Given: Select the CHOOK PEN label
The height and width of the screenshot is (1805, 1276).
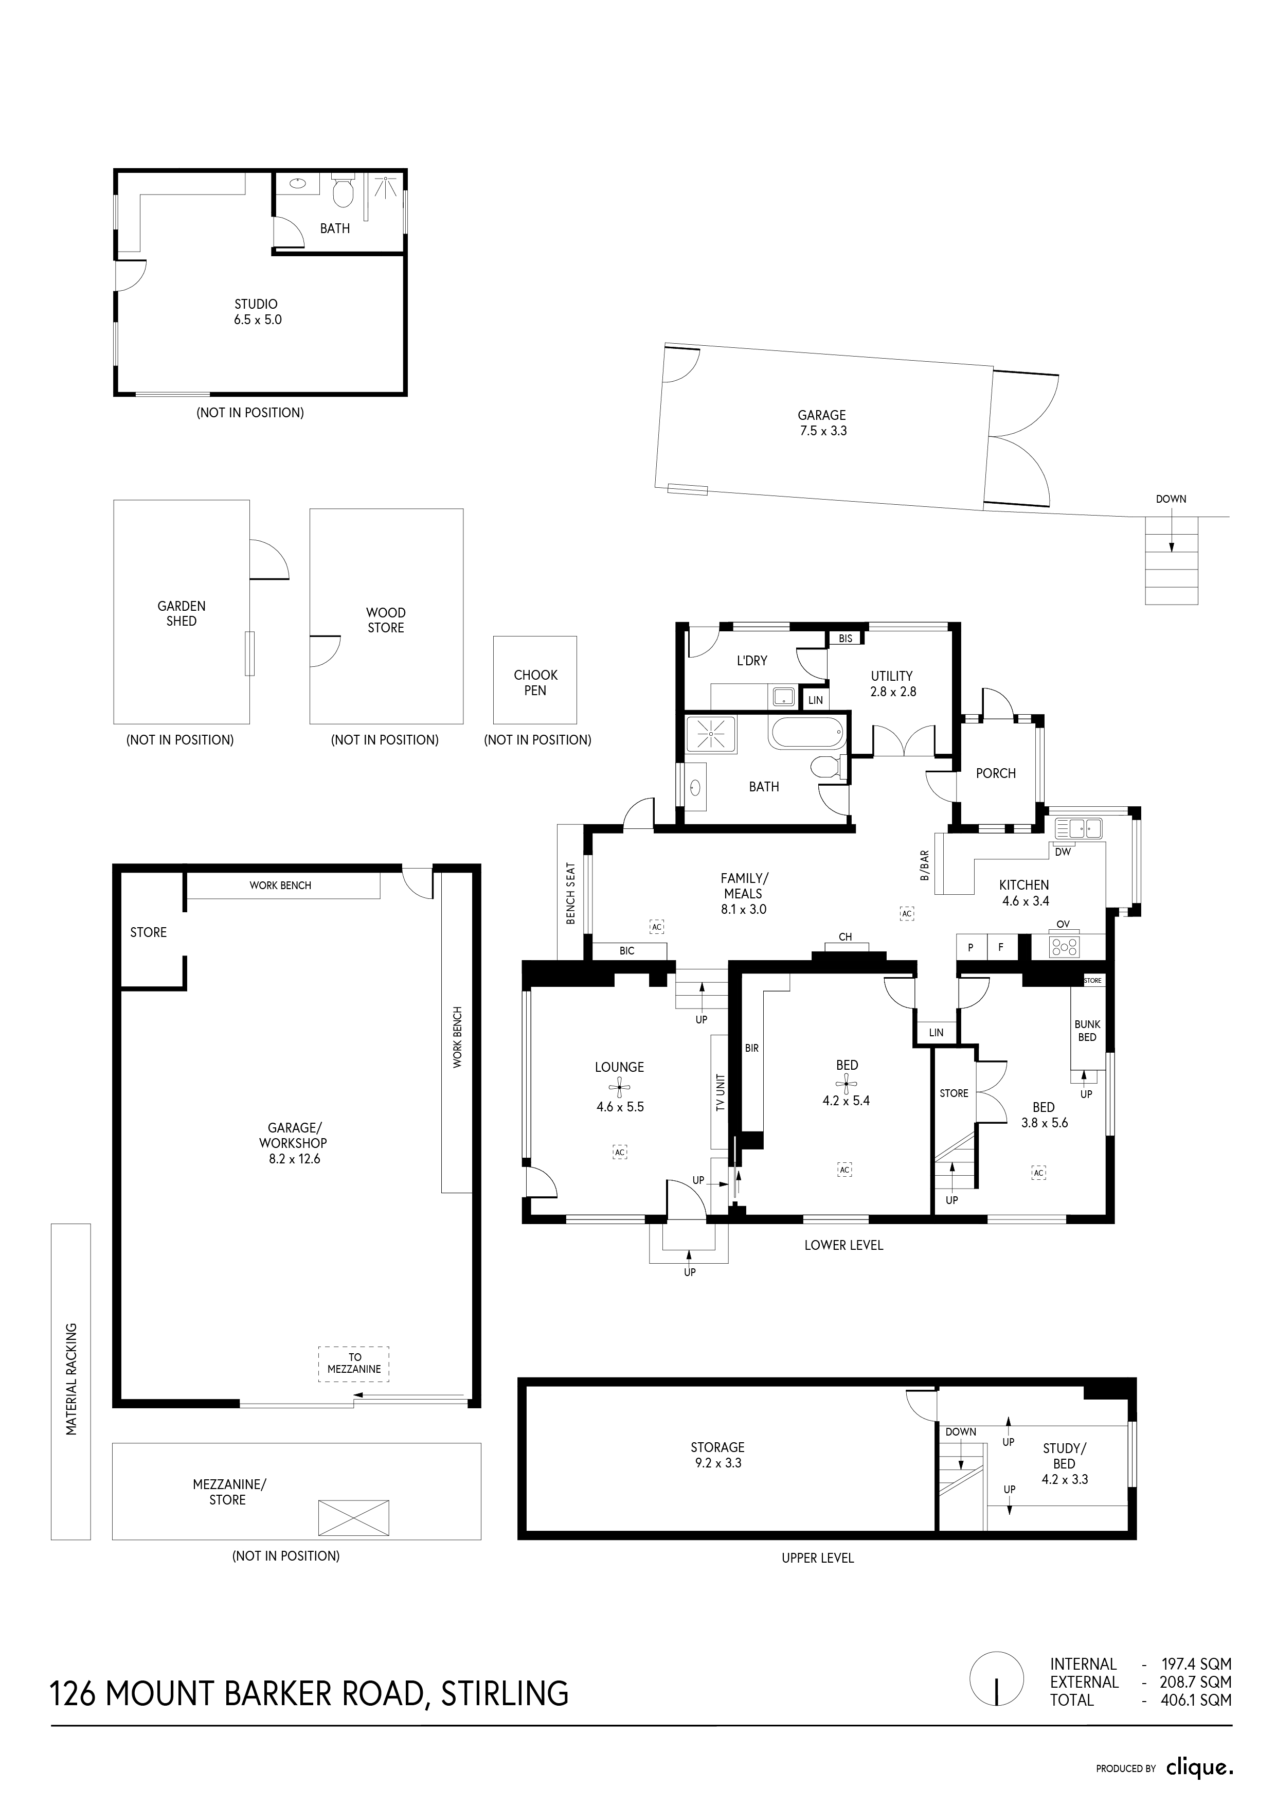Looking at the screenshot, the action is tap(535, 682).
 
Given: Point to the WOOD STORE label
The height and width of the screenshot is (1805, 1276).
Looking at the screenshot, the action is tap(386, 620).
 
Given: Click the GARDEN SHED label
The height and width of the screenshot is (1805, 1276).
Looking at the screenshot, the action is tap(182, 613).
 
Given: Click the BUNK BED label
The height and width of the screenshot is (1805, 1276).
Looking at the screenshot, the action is tap(1087, 1031).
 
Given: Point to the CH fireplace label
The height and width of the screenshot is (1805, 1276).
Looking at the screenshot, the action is tap(846, 936).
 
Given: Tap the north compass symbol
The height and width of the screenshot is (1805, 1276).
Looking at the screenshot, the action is tap(997, 1701).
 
